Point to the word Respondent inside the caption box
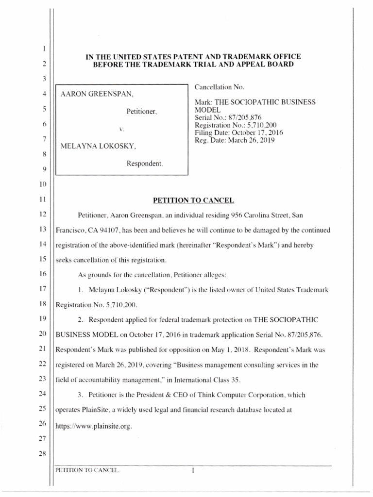(x=145, y=164)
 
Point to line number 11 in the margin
(x=43, y=199)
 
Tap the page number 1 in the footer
(x=193, y=470)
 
